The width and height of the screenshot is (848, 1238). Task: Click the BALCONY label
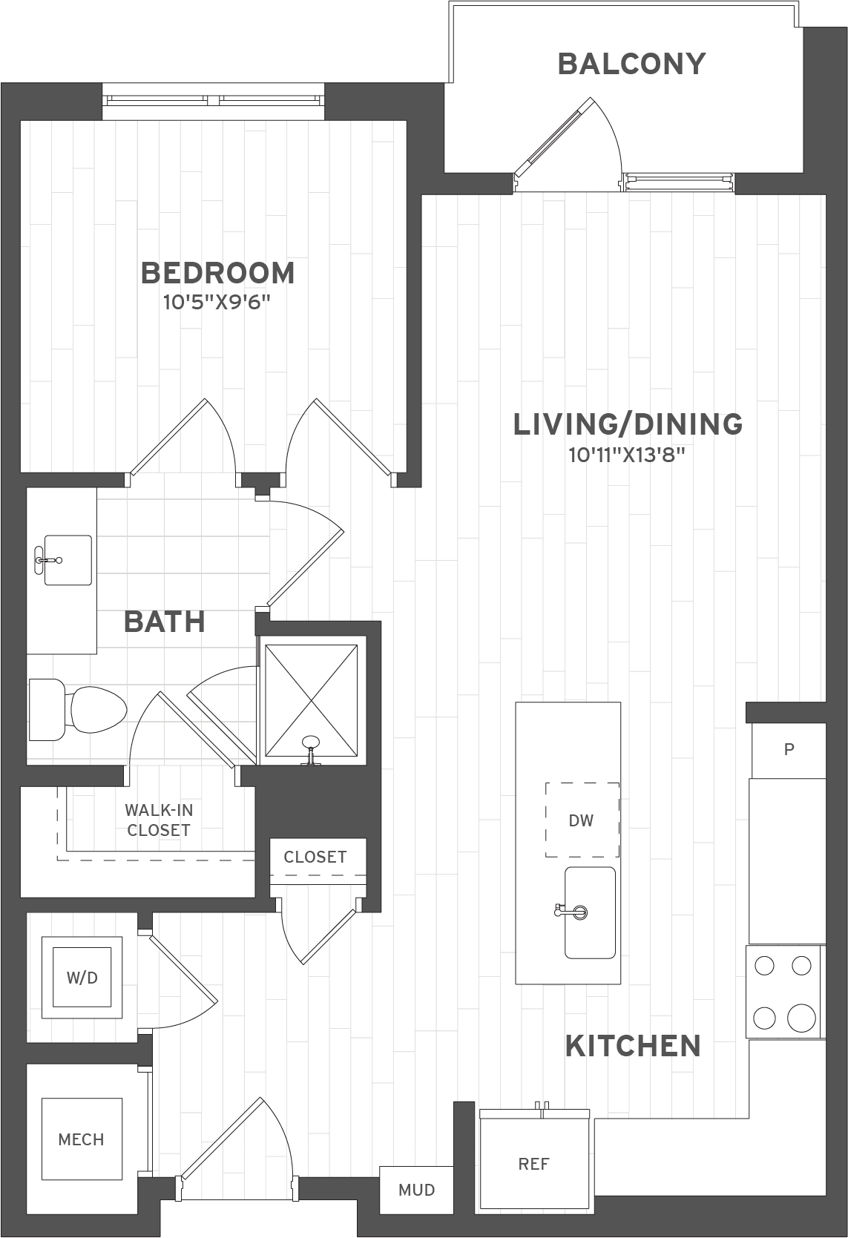click(631, 64)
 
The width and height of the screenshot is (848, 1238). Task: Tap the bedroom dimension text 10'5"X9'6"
click(214, 303)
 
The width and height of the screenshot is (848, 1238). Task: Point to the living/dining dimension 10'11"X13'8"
click(626, 455)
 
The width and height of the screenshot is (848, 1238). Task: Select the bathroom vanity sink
click(67, 560)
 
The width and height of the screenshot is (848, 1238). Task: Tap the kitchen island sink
click(591, 912)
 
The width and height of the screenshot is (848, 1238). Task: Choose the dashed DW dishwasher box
click(582, 820)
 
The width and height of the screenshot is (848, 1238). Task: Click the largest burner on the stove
click(801, 1017)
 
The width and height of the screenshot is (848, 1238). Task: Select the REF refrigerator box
click(534, 1164)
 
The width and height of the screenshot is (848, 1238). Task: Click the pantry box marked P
click(789, 750)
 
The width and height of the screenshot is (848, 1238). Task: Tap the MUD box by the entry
click(416, 1190)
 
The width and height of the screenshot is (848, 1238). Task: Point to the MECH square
click(82, 1139)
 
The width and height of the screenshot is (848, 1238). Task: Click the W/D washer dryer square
click(82, 978)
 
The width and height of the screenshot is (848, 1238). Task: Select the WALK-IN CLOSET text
click(159, 820)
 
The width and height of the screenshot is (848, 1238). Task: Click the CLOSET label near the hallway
click(315, 857)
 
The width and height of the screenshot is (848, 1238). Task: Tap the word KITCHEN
click(633, 1046)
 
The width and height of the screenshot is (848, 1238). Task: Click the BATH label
click(165, 622)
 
